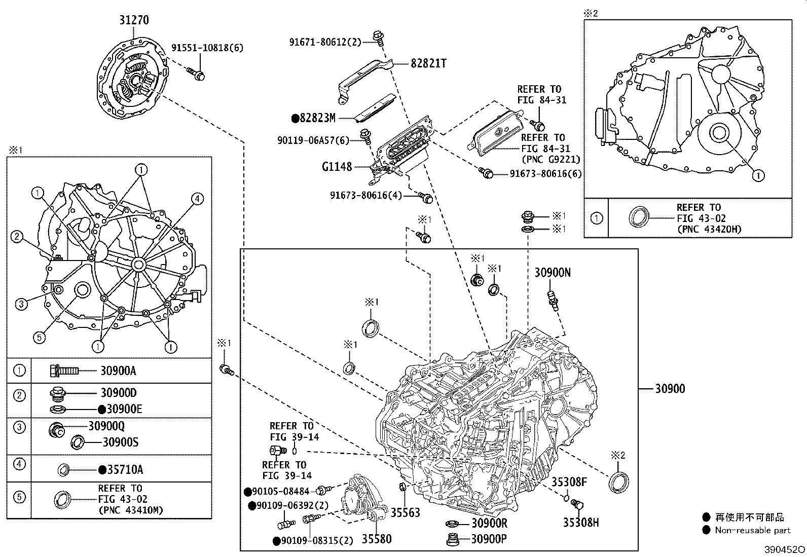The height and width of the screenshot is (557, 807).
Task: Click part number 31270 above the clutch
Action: pos(134,20)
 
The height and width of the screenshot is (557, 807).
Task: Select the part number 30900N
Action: pos(553,273)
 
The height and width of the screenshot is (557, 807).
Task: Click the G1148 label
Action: pos(336,166)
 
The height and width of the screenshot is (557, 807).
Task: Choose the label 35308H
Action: pos(580,522)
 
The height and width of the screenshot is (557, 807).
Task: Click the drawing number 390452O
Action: pos(784,550)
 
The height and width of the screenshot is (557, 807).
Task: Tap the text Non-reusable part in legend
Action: pos(752,531)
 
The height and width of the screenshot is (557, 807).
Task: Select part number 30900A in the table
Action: pos(118,371)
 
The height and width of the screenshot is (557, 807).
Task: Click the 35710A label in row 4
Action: pos(125,470)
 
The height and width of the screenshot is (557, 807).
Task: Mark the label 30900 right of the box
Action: pos(670,389)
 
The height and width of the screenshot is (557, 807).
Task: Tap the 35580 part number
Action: pos(376,539)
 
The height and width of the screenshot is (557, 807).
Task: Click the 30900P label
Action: pos(489,539)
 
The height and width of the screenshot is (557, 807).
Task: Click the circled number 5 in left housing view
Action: pos(40,337)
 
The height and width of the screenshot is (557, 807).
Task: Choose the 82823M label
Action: pos(317,118)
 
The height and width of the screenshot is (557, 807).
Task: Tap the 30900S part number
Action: pos(120,442)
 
